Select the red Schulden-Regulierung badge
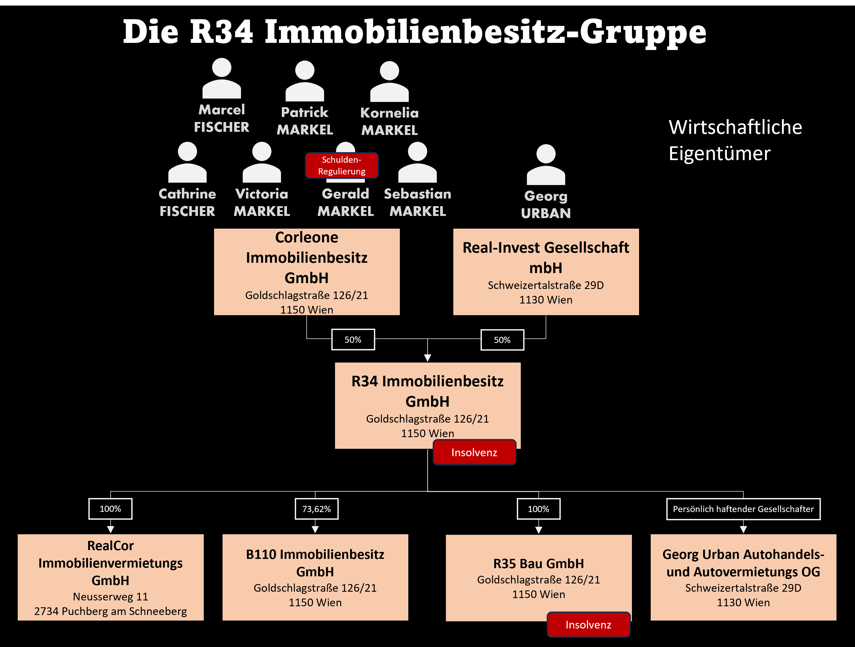coord(342,165)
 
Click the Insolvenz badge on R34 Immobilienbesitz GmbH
coord(474,452)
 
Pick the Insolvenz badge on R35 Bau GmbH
coord(588,625)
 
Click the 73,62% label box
coord(316,509)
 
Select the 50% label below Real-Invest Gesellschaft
coord(502,340)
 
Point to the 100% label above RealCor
coord(111,509)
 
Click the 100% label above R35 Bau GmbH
coord(539,509)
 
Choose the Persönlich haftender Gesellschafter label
coord(743,509)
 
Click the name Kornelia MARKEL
coord(389,121)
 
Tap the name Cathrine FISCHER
coord(187,202)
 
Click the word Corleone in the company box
coord(306,237)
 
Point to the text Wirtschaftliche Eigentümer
coord(735,140)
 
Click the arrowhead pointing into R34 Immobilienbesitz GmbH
coord(428,358)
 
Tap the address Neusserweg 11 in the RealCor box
coord(111,597)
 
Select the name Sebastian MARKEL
coord(418,202)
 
